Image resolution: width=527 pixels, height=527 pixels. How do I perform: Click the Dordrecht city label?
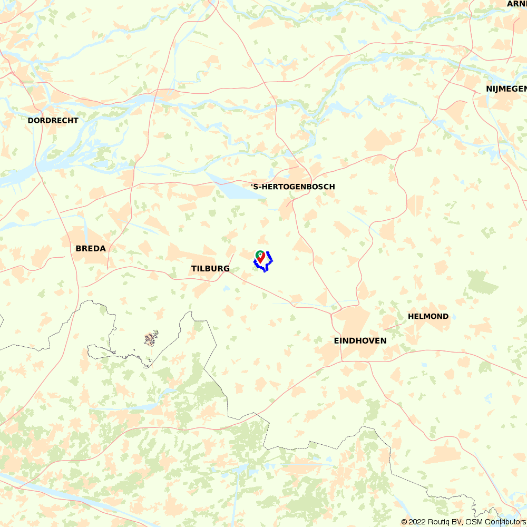(x=53, y=121)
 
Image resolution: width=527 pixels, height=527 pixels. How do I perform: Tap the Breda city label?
(x=91, y=248)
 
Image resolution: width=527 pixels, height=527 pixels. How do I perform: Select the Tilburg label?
(x=210, y=269)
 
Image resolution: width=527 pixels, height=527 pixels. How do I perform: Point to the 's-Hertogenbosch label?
(x=293, y=187)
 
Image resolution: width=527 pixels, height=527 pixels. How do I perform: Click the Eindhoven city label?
(x=360, y=341)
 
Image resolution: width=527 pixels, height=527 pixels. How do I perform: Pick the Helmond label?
(x=428, y=317)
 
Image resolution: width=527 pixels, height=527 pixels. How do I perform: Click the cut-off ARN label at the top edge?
(x=516, y=4)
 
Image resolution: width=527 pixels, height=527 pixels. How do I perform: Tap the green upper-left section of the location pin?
(x=259, y=255)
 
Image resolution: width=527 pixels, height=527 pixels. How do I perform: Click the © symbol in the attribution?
(x=404, y=522)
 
